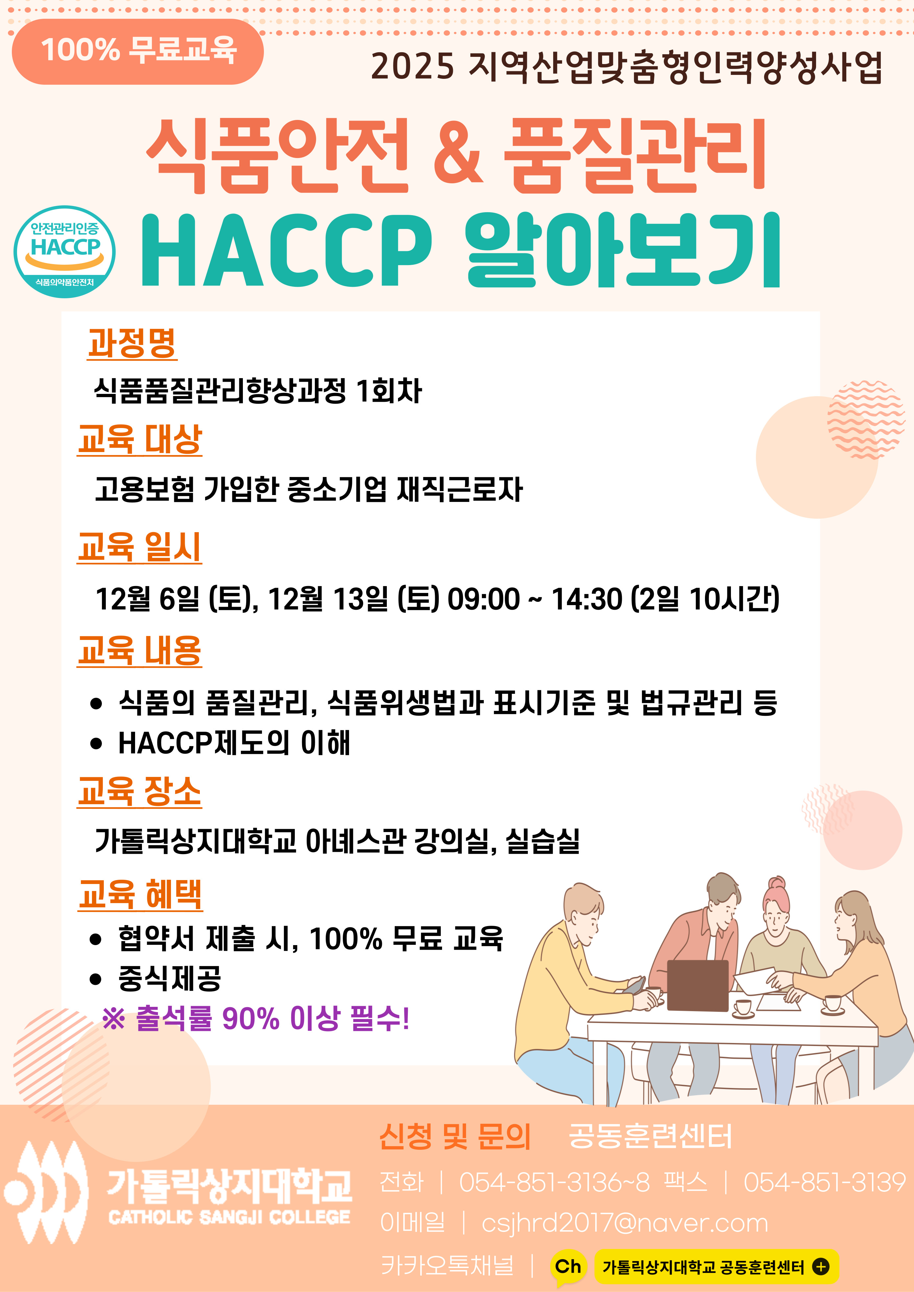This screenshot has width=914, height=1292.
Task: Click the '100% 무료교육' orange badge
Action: tap(137, 51)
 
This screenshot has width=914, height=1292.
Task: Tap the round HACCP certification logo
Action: tap(65, 252)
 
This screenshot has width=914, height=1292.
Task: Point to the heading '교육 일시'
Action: tap(140, 547)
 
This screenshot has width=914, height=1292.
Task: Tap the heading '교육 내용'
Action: tap(140, 651)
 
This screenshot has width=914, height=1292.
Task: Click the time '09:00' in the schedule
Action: tap(483, 599)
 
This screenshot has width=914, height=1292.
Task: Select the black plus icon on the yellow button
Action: tap(821, 1267)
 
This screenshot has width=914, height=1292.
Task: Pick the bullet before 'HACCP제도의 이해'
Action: tap(96, 744)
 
